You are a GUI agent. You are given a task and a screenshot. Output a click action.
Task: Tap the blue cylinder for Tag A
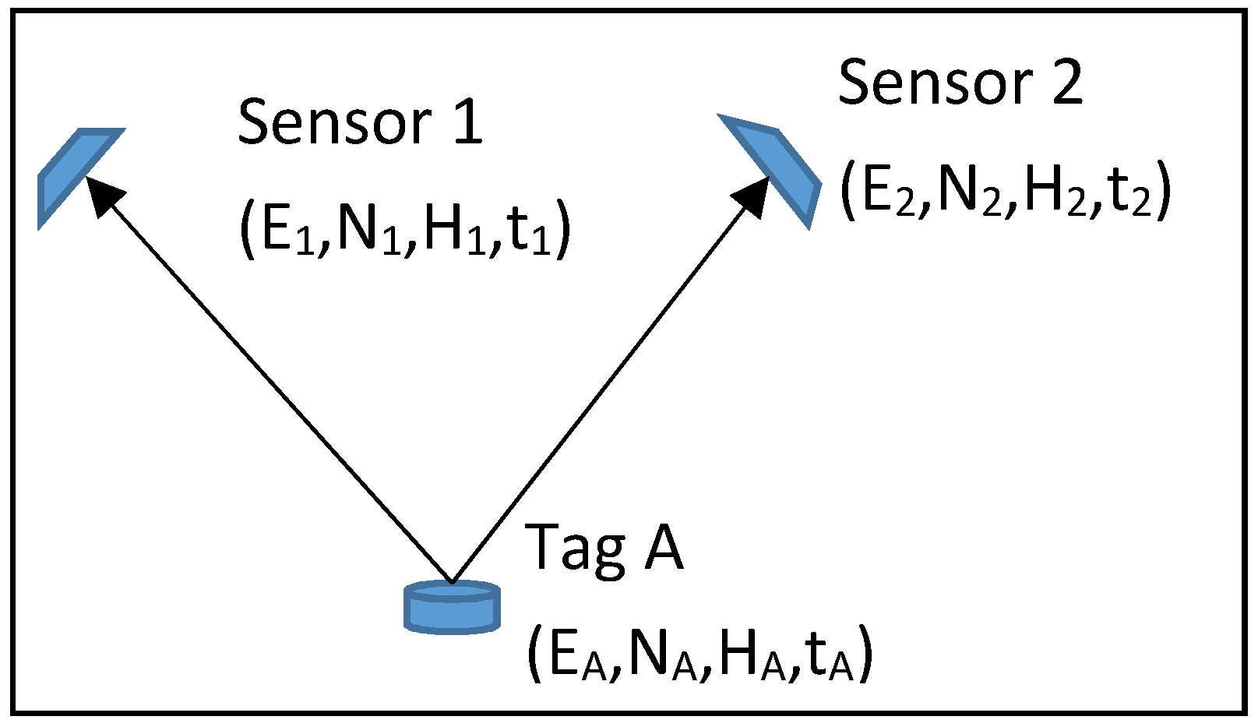point(452,607)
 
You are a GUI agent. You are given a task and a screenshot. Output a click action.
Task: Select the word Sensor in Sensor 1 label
point(335,122)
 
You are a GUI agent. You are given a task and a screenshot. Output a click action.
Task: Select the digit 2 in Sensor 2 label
point(1066,83)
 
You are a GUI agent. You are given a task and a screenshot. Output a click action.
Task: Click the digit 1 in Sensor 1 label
point(467,122)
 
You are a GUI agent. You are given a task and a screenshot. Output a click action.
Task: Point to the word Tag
point(576,548)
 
